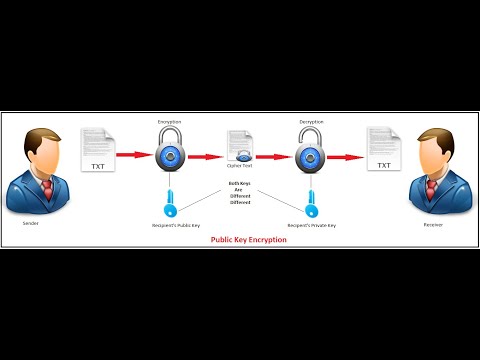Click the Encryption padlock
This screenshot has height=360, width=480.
169,149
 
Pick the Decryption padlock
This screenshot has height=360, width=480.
310,149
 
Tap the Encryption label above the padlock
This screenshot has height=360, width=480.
169,121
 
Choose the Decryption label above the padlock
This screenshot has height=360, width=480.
311,121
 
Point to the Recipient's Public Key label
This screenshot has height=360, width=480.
169,226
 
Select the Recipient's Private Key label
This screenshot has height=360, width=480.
311,226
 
